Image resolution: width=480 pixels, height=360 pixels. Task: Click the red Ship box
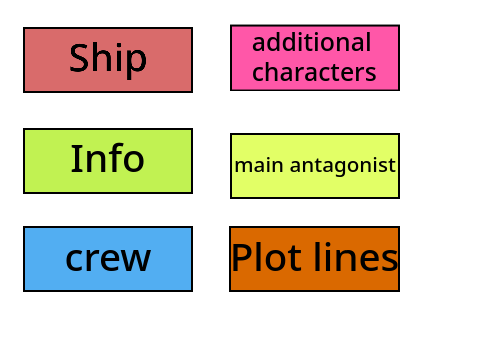coord(108,60)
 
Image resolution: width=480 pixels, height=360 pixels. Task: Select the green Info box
coord(108,161)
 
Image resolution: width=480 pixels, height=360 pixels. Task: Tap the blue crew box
coord(108,259)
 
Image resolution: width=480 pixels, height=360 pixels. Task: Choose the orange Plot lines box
coord(314,259)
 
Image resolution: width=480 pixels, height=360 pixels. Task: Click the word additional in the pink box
coord(312,42)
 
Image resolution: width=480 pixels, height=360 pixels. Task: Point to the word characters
coord(314,72)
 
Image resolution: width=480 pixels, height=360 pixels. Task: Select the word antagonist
coord(343,166)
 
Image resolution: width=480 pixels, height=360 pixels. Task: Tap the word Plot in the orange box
coord(267,257)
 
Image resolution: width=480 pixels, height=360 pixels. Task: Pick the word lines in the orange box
coord(356,257)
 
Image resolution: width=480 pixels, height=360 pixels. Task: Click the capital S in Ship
coord(80,58)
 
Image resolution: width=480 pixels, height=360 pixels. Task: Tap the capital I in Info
coord(75,158)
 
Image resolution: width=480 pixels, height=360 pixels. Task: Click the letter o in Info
coord(134,162)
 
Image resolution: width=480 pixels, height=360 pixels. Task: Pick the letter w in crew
coord(135,260)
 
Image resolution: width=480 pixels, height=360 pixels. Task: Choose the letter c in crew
coord(74,260)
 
